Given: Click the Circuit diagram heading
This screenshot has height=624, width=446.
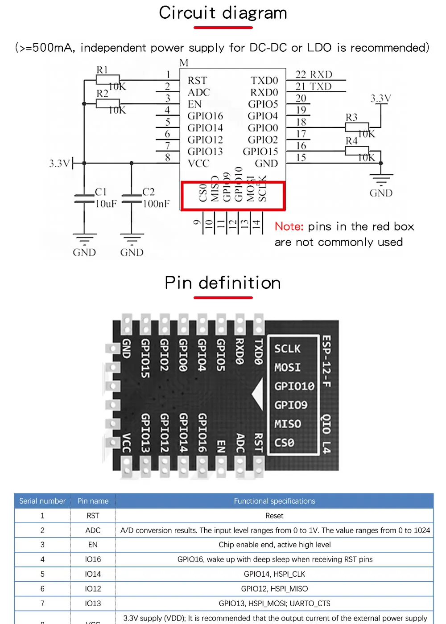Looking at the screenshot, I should tap(223, 13).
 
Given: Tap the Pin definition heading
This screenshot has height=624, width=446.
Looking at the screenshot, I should tap(223, 283).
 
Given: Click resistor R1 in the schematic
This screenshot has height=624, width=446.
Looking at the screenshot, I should tap(107, 80).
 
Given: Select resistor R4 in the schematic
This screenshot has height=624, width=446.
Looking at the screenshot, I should tap(357, 151).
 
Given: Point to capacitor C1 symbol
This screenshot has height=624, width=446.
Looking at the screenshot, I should tap(84, 199).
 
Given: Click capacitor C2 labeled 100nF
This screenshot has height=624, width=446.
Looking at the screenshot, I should tap(132, 199).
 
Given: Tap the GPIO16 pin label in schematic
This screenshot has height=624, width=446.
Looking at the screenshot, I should tap(205, 116).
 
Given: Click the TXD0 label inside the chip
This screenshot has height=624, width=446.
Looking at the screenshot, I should tap(264, 81).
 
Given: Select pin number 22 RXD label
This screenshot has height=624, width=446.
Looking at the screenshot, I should tap(314, 74).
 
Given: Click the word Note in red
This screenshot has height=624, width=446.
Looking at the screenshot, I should tap(289, 226).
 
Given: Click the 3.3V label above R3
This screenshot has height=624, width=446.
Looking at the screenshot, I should tap(381, 99).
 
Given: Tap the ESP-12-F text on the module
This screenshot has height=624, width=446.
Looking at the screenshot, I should tap(326, 361).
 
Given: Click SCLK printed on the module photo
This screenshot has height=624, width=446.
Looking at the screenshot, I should tap(287, 349).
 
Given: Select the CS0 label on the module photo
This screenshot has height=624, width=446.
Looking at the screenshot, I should tap(284, 443).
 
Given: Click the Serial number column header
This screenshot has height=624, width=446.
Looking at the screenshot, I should tap(42, 501).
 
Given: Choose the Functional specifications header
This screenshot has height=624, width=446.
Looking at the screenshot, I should tap(274, 501).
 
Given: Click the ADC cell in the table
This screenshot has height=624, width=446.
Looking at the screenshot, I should tap(93, 530).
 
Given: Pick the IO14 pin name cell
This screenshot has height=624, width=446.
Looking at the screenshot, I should tap(93, 574).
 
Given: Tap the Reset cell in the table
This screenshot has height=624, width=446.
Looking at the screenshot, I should tap(274, 516).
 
